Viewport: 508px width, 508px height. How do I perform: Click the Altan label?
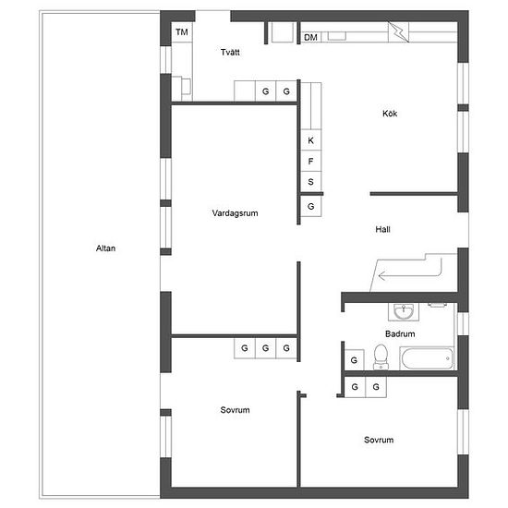pyautogui.click(x=105, y=248)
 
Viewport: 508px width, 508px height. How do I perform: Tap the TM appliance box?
pyautogui.click(x=182, y=32)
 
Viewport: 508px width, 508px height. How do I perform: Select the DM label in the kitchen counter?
pyautogui.click(x=310, y=37)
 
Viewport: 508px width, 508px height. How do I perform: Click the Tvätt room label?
pyautogui.click(x=230, y=52)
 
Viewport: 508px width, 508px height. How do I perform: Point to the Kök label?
pyautogui.click(x=390, y=114)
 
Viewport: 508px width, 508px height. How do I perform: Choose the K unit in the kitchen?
pyautogui.click(x=311, y=140)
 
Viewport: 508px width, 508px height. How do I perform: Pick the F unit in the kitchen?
pyautogui.click(x=311, y=161)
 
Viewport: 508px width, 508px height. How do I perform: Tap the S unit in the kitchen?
pyautogui.click(x=311, y=182)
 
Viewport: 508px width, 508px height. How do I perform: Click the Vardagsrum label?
pyautogui.click(x=235, y=213)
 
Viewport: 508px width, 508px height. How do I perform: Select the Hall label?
pyautogui.click(x=382, y=229)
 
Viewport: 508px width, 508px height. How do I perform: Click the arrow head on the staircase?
pyautogui.click(x=381, y=276)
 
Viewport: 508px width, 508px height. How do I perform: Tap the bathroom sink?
pyautogui.click(x=404, y=311)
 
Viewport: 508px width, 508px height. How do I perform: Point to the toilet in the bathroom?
pyautogui.click(x=381, y=357)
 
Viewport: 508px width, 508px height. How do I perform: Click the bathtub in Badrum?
pyautogui.click(x=428, y=358)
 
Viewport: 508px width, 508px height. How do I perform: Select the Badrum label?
pyautogui.click(x=400, y=333)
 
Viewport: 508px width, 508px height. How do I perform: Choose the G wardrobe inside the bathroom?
pyautogui.click(x=354, y=360)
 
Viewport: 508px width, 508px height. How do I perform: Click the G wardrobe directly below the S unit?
pyautogui.click(x=311, y=206)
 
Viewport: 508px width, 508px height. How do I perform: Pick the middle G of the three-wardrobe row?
pyautogui.click(x=266, y=348)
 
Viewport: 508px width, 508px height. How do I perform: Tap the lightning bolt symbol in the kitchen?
pyautogui.click(x=399, y=31)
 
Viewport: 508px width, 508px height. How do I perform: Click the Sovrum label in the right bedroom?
pyautogui.click(x=379, y=440)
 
